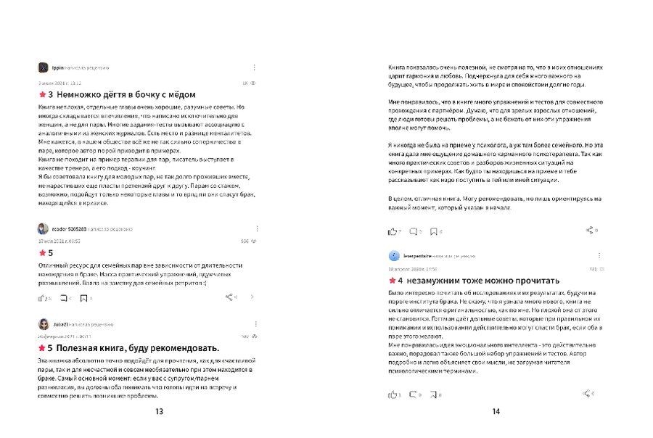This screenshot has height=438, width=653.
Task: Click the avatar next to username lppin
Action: click(42, 67)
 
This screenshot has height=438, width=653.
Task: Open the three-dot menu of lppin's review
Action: click(254, 67)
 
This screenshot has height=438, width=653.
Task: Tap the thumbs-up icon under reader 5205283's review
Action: click(41, 297)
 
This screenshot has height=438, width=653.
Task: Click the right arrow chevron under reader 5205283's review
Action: click(252, 297)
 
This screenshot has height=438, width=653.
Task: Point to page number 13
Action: click(159, 412)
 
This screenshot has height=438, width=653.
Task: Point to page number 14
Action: click(496, 412)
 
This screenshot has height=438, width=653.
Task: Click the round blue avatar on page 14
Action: click(393, 255)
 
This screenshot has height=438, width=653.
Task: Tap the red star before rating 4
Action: click(392, 281)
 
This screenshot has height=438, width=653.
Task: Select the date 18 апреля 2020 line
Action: click(411, 268)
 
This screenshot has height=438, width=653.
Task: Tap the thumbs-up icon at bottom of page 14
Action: click(393, 394)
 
